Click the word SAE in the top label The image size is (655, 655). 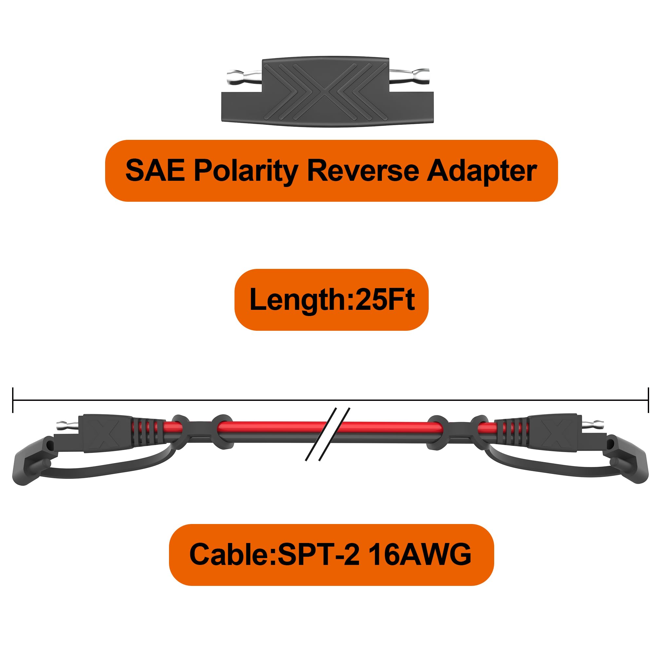[155, 170]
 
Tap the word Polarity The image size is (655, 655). [246, 172]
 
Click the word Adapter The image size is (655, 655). [481, 172]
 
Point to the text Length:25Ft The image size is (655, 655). [332, 299]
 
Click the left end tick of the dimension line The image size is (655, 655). [13, 400]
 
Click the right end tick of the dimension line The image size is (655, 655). [648, 400]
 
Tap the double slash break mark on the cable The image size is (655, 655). [327, 434]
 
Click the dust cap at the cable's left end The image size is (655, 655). [32, 460]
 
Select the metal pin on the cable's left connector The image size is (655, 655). [67, 424]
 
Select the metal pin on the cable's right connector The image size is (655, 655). [590, 423]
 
